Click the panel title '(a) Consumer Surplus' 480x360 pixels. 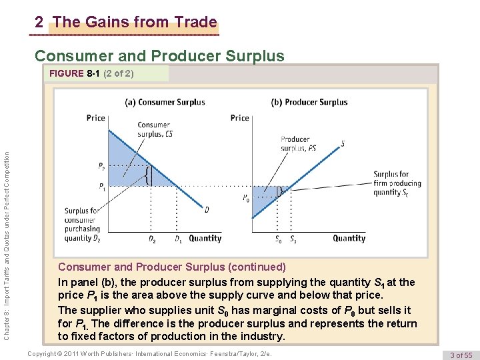coord(165,102)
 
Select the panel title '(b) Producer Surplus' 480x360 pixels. coord(309,102)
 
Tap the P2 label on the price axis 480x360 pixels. coord(101,166)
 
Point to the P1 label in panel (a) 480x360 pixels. coord(101,186)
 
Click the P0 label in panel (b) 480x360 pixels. coord(247,198)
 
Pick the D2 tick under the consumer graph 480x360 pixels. coord(152,239)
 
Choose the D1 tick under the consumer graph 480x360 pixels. coord(178,239)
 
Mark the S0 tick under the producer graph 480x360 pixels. coord(278,239)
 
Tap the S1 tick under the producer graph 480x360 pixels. coord(294,239)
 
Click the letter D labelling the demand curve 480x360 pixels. coord(207,209)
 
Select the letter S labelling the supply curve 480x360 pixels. coord(343,143)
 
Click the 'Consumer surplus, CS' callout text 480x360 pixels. coord(153,129)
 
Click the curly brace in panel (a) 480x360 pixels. coord(148,176)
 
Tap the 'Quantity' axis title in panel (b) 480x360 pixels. coord(349,238)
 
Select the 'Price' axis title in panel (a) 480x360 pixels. coord(96,118)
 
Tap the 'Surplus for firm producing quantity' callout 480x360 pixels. coord(397,183)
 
